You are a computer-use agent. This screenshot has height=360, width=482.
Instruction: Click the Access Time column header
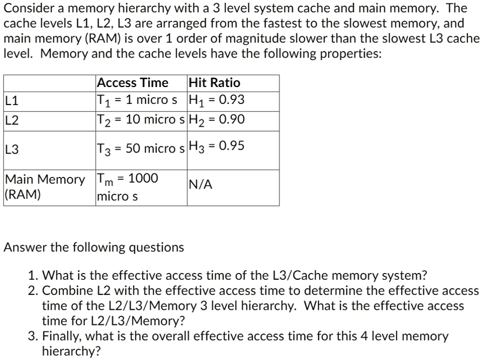coord(132,83)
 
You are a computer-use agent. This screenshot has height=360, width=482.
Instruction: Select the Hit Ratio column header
coord(214,83)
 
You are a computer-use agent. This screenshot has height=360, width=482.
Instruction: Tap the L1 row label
coord(12,101)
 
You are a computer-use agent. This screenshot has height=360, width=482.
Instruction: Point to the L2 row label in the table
coord(12,120)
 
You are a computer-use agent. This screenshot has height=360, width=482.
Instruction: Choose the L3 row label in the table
coord(12,150)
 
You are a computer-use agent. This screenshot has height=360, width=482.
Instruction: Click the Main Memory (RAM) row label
coord(45,186)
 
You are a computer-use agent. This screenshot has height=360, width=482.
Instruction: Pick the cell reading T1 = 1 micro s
coord(137,101)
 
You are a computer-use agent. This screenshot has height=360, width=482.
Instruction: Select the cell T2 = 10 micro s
coord(141,120)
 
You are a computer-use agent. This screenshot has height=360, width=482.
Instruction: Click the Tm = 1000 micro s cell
coord(127,187)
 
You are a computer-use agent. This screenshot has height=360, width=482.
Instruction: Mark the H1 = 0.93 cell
coord(217,101)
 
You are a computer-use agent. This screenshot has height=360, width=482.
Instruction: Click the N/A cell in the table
coord(200,185)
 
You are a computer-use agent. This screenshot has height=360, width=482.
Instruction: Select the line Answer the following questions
coord(94,248)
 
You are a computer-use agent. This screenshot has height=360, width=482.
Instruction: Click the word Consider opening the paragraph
coord(29,8)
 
